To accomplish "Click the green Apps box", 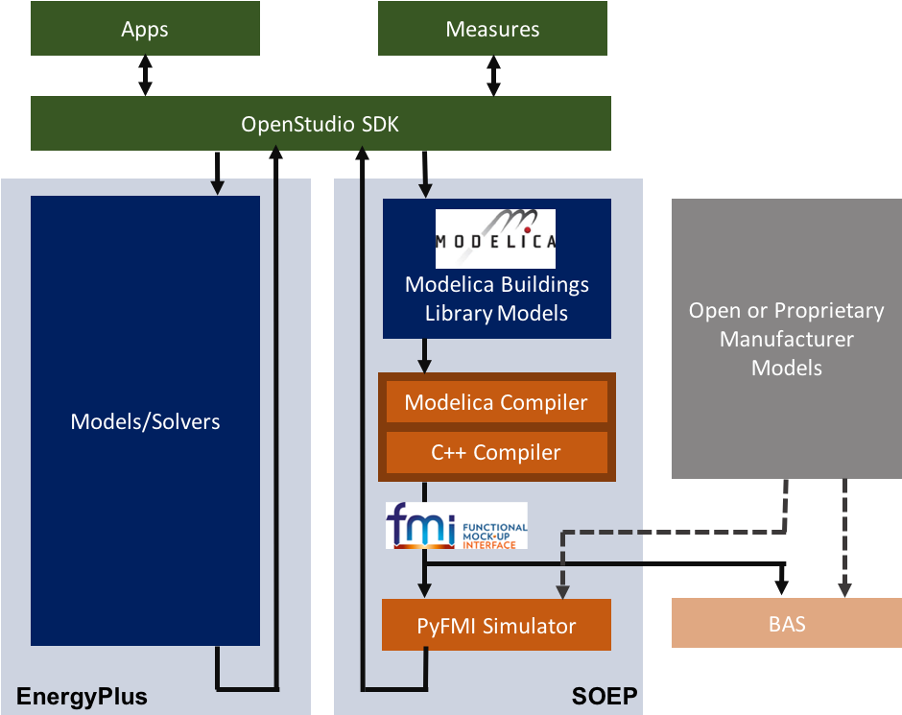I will (x=145, y=29).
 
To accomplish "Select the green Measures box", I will (x=492, y=29).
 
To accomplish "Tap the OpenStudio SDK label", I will (x=320, y=124).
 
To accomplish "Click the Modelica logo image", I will (x=495, y=238).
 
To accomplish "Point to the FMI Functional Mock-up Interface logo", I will (x=456, y=525).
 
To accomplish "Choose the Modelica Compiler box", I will (x=496, y=402).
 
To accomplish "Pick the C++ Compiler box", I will (x=496, y=452).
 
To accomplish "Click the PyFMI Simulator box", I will (x=496, y=626).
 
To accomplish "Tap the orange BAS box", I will (x=787, y=625).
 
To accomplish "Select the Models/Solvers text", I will (x=145, y=421).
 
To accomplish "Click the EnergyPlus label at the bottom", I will (x=82, y=696).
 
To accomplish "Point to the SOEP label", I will (x=605, y=696).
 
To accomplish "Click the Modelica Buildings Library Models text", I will (x=496, y=298).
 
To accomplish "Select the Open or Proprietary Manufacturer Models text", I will (x=787, y=339).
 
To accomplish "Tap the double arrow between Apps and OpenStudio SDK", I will (x=145, y=75).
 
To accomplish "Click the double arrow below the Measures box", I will (x=493, y=75).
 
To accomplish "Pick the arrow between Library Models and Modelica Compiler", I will (x=423, y=354).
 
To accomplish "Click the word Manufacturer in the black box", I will (x=787, y=339).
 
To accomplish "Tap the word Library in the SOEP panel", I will (x=458, y=314).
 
